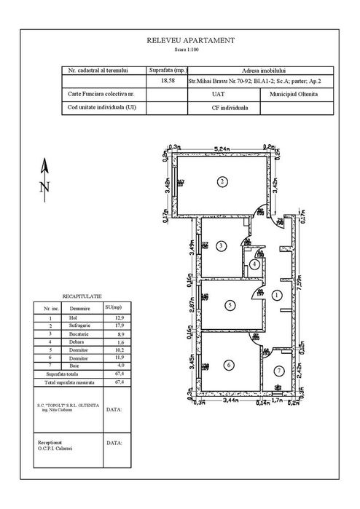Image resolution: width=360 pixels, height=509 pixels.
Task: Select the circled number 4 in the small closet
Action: click(x=253, y=264)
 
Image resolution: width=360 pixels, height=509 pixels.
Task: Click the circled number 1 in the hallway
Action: click(x=277, y=295)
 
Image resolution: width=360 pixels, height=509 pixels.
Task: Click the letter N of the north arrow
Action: click(x=44, y=187)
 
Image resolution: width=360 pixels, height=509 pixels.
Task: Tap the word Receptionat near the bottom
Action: click(x=52, y=442)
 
